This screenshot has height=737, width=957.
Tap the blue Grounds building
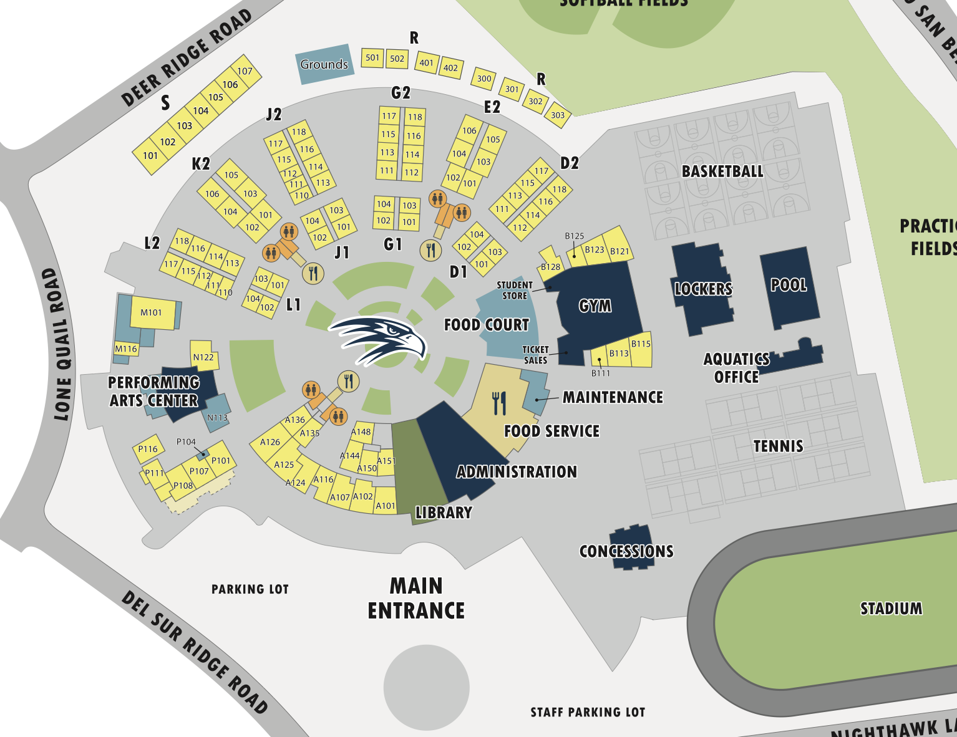(x=324, y=64)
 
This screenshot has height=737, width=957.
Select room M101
(x=152, y=312)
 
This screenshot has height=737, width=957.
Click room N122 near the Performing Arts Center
(x=203, y=357)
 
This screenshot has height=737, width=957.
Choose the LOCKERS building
(x=703, y=289)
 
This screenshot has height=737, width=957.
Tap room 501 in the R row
(x=372, y=58)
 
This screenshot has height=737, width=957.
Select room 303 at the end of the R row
(x=558, y=115)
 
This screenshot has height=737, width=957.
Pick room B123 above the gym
(x=595, y=249)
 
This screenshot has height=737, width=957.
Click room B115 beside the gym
(x=641, y=344)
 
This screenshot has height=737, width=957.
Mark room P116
(x=148, y=449)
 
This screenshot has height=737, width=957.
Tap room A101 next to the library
(x=386, y=506)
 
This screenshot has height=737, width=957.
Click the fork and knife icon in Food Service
(x=499, y=403)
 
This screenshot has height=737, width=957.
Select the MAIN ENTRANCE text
(x=416, y=598)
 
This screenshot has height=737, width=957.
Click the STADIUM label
(x=891, y=609)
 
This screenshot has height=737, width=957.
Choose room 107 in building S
(x=245, y=71)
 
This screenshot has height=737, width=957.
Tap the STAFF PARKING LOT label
(x=588, y=712)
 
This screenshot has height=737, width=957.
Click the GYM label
(x=595, y=306)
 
